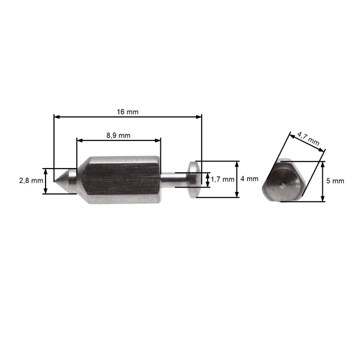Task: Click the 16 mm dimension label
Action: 128,112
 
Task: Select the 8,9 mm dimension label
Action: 118,136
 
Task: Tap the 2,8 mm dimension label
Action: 31,180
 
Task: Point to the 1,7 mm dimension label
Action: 222,179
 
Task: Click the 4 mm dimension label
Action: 249,179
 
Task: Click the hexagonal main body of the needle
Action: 120,180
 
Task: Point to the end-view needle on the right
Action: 283,182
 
